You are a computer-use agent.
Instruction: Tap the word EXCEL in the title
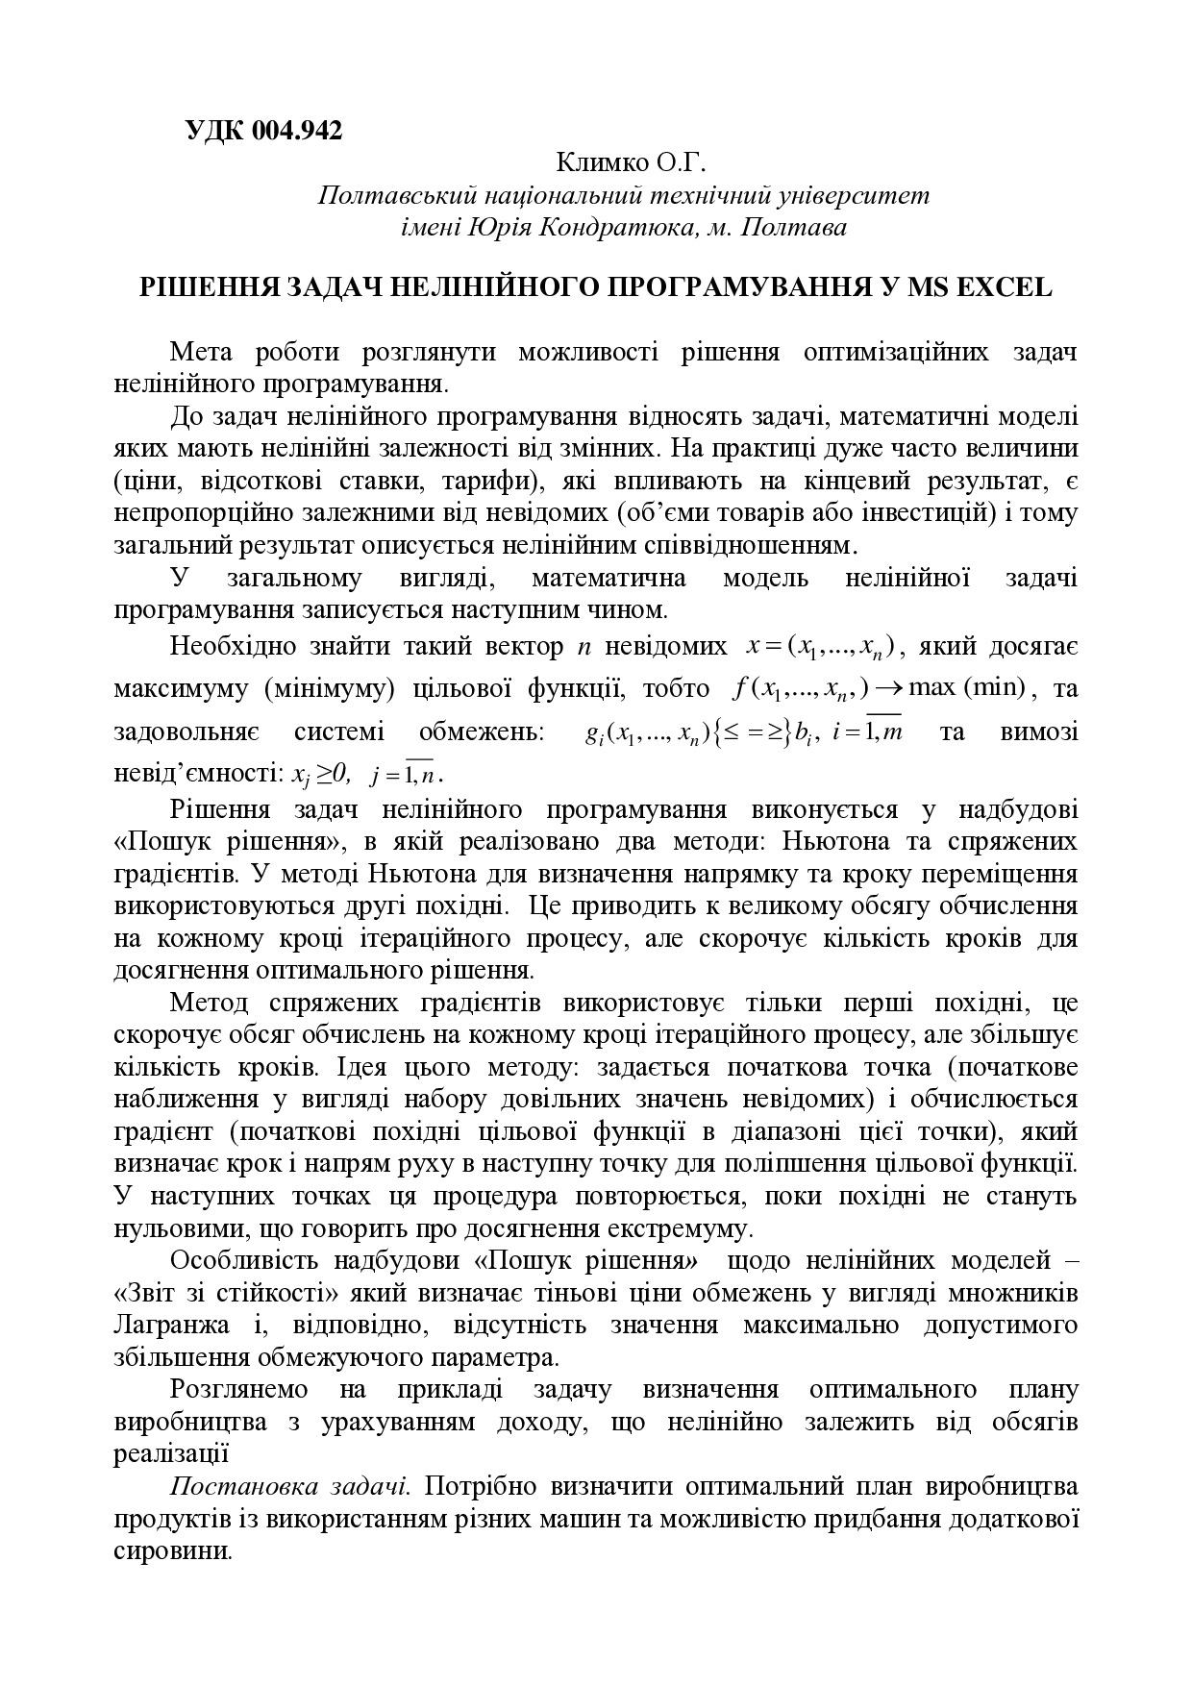tap(1002, 287)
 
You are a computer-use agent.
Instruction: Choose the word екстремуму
tap(671, 1229)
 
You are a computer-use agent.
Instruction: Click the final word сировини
tap(171, 1551)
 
